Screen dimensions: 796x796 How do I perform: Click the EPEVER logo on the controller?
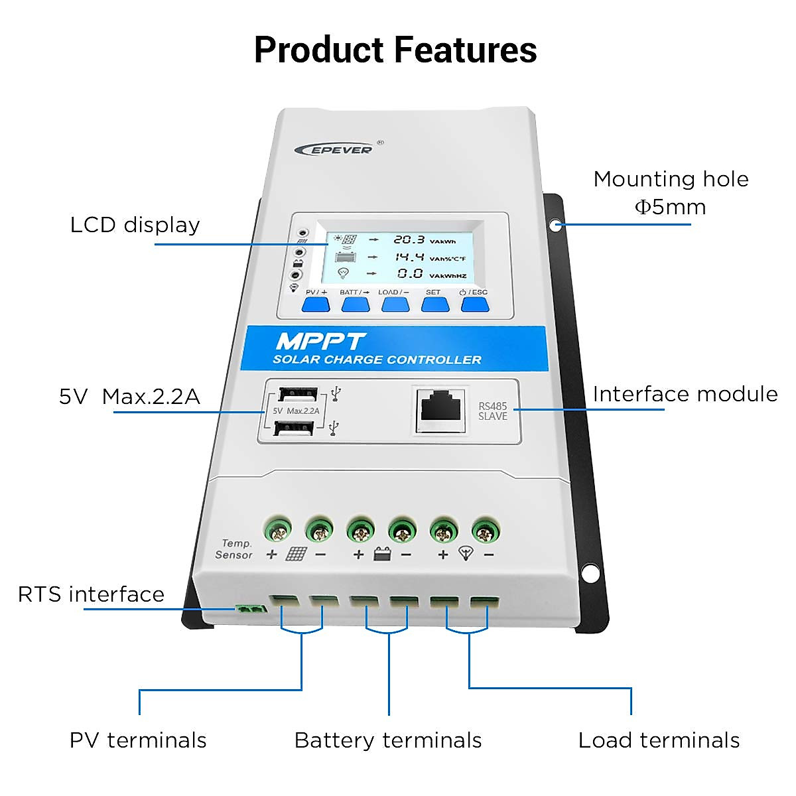pyautogui.click(x=334, y=149)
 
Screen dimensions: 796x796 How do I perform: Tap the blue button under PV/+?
pyautogui.click(x=316, y=304)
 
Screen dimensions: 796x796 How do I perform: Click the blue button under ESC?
pyautogui.click(x=475, y=304)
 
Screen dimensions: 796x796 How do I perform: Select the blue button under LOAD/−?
pyautogui.click(x=395, y=304)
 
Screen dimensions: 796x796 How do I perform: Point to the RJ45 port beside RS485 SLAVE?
pyautogui.click(x=441, y=406)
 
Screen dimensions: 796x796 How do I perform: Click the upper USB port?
pyautogui.click(x=297, y=394)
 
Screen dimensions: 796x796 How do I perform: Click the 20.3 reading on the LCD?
pyautogui.click(x=408, y=239)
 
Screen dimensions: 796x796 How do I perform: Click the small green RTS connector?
pyautogui.click(x=251, y=608)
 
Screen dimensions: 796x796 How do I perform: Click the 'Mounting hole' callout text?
pyautogui.click(x=671, y=179)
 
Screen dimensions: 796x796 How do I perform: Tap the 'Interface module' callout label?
pyautogui.click(x=685, y=394)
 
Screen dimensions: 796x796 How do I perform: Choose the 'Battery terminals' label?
pyautogui.click(x=388, y=740)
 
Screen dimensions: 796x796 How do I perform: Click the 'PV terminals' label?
pyautogui.click(x=138, y=740)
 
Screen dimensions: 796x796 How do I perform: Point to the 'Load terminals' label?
pyautogui.click(x=659, y=740)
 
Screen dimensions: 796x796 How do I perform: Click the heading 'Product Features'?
pyautogui.click(x=395, y=50)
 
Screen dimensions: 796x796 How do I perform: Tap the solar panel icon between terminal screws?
pyautogui.click(x=296, y=554)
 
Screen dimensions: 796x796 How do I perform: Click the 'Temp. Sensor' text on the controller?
pyautogui.click(x=234, y=549)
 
